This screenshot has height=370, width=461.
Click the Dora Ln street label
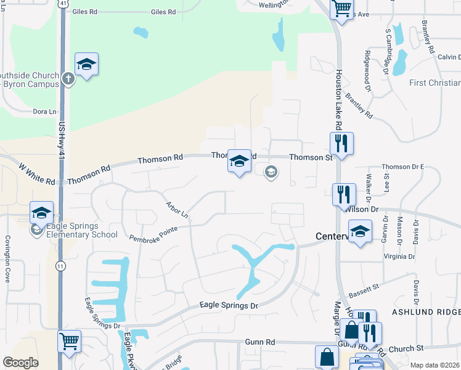[x=44, y=112]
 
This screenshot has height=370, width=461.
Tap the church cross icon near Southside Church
[x=68, y=79]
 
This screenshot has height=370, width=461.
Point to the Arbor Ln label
[x=177, y=209]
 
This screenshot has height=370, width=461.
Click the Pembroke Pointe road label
[x=153, y=232]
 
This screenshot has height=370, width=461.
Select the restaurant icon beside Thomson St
[x=340, y=144]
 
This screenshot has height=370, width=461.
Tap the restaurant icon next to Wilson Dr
[x=343, y=194]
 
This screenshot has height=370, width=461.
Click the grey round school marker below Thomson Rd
[x=270, y=172]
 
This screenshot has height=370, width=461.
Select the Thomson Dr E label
[x=404, y=166]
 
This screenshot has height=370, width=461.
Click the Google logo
[x=20, y=363]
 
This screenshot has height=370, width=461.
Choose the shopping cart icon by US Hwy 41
[x=69, y=340]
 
